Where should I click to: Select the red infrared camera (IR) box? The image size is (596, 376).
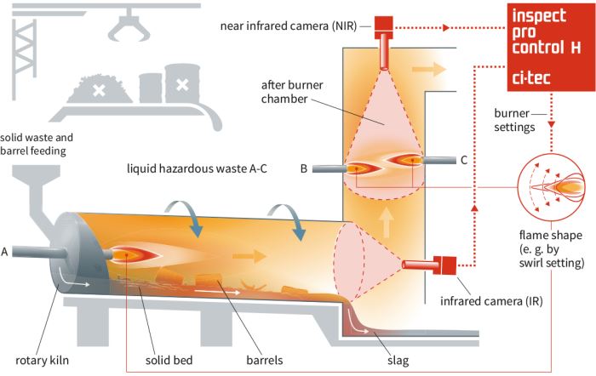coord(444,265)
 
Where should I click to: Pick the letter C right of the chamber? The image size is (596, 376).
coord(463,158)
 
